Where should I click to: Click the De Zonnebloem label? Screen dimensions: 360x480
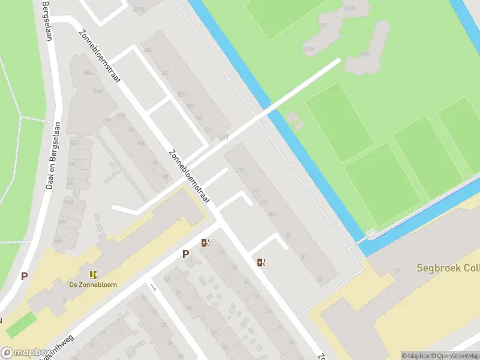(93, 284)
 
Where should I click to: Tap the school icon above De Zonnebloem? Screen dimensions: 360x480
(93, 275)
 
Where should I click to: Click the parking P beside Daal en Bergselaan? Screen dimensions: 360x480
(25, 277)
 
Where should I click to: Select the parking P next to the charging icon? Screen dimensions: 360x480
(186, 254)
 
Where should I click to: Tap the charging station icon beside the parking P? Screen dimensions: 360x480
(205, 243)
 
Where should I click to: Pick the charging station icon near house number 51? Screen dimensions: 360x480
(260, 262)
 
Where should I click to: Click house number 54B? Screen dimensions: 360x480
(97, 91)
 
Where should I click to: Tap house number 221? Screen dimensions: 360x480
(165, 73)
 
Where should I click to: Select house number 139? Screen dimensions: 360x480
(241, 170)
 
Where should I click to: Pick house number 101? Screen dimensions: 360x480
(272, 214)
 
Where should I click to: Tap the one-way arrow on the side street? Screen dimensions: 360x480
(153, 287)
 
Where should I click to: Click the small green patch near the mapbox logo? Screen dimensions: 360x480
(20, 325)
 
